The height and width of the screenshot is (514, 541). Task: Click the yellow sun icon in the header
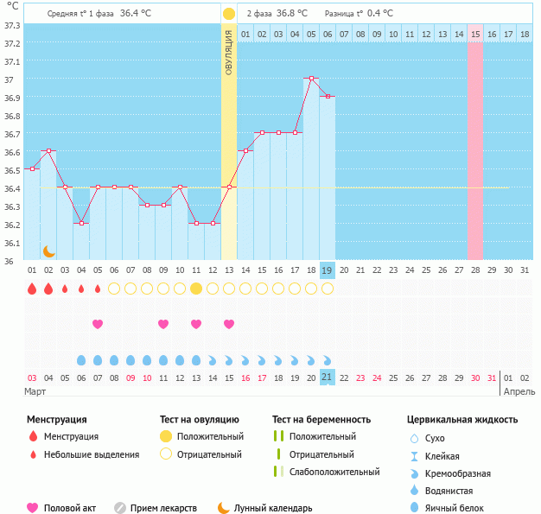pos(228,14)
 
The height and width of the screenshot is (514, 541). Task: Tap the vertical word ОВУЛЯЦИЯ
pos(228,52)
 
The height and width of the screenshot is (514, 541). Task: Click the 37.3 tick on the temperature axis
pos(12,25)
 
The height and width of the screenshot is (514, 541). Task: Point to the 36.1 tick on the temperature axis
pos(12,243)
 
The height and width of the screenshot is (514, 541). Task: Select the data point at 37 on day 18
pos(311,79)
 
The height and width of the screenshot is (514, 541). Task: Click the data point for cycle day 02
pos(48,151)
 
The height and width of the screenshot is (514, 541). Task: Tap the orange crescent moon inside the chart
pos(49,251)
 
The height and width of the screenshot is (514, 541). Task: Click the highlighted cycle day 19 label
pos(328,270)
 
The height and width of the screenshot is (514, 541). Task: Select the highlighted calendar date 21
pos(328,377)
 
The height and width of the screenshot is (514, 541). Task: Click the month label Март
pos(35,391)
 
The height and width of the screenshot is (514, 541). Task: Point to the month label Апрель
pos(519,391)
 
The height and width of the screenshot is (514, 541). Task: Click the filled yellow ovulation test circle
pos(196,289)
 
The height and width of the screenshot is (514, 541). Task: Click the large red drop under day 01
pos(32,289)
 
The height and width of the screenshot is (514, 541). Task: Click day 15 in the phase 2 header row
pos(475,34)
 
